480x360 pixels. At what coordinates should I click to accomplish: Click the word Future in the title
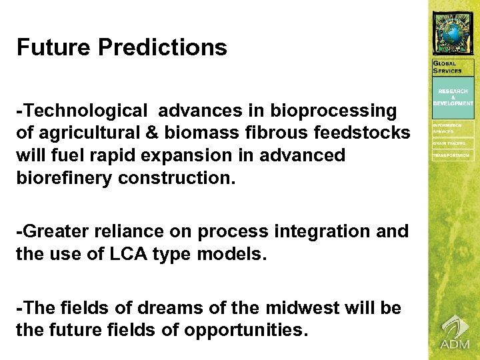click(53, 48)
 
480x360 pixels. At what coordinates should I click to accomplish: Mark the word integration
click(313, 231)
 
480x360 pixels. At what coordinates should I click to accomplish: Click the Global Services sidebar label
click(449, 67)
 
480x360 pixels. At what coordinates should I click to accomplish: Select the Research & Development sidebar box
click(453, 97)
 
